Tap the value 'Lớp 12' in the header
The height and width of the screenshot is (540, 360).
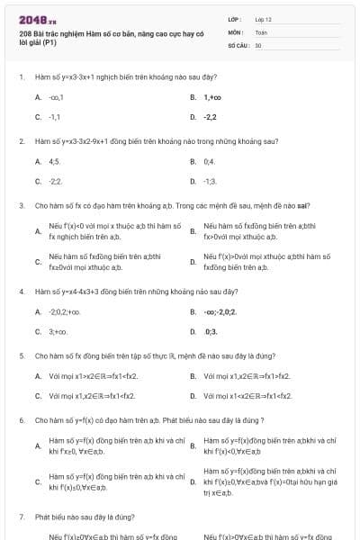[x=264, y=18]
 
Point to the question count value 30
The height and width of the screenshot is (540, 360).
[x=258, y=44]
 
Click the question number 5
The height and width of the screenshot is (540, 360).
[x=21, y=355]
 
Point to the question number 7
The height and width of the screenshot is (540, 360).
[x=21, y=517]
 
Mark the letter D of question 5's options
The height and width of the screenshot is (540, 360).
[x=193, y=395]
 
